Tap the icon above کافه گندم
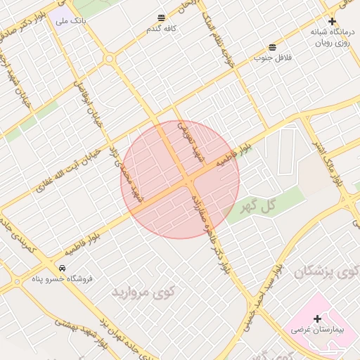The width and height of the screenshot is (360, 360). tap(162, 18)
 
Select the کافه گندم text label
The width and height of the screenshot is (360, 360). tap(161, 29)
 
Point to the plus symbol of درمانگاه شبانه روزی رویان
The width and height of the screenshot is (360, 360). tap(332, 21)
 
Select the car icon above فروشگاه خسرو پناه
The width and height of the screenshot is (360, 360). tap(63, 268)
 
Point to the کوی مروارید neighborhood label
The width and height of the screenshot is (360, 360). tap(143, 290)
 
